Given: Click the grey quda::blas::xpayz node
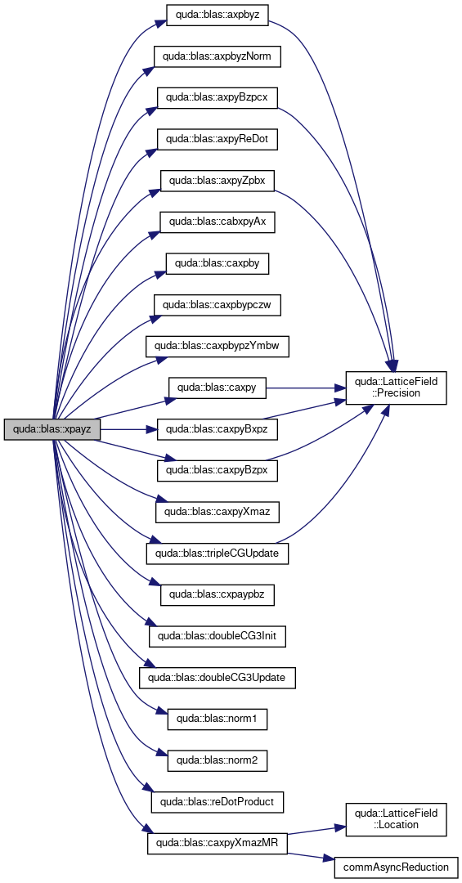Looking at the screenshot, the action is click(x=52, y=429).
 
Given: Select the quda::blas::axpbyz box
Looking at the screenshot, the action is click(x=217, y=15).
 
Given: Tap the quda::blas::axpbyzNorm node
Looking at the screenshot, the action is click(x=217, y=56).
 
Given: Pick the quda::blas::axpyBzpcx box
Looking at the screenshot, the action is click(x=217, y=97).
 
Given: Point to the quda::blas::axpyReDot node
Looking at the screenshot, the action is click(x=217, y=139).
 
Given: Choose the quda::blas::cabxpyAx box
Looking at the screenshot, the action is click(x=217, y=222).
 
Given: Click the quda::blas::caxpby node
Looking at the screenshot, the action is click(x=217, y=263).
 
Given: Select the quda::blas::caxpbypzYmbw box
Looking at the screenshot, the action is click(x=217, y=347).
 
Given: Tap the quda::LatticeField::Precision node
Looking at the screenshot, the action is click(x=396, y=388).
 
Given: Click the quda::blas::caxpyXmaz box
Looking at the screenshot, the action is click(x=217, y=512).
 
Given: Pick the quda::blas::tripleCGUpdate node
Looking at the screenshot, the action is click(x=217, y=554).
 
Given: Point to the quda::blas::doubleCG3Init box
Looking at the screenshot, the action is click(x=217, y=636).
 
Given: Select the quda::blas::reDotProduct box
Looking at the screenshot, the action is click(x=217, y=802).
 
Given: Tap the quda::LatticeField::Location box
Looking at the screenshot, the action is click(x=396, y=820).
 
